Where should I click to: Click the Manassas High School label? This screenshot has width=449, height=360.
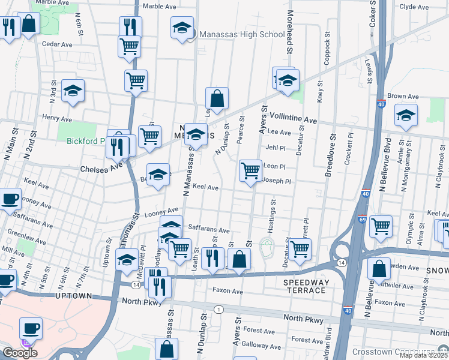click(x=242, y=34)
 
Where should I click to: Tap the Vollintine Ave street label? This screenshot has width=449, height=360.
click(x=293, y=120)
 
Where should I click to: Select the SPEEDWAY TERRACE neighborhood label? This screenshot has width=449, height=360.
click(x=306, y=286)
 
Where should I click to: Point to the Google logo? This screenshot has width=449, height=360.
click(x=20, y=352)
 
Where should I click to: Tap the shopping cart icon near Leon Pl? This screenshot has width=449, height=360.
click(x=250, y=170)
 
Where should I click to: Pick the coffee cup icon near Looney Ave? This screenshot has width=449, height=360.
click(x=10, y=199)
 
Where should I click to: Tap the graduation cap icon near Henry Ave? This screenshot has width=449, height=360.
click(x=73, y=91)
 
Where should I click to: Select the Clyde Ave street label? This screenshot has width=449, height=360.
click(x=414, y=7)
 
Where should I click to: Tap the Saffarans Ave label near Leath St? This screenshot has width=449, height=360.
click(x=209, y=229)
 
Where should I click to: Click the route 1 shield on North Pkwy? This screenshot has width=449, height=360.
click(x=220, y=309)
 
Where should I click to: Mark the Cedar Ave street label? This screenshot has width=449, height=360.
click(x=57, y=44)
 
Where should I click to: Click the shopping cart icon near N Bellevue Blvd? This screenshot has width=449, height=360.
click(x=381, y=226)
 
